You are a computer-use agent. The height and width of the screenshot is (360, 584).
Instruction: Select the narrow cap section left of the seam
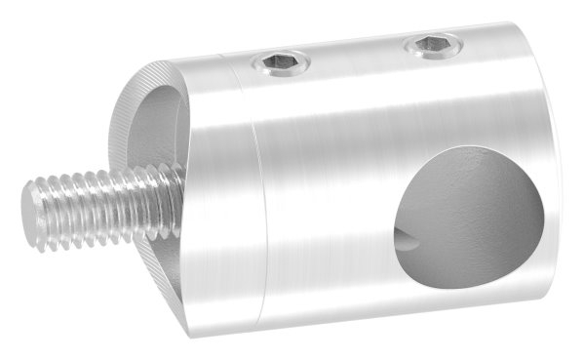click(x=229, y=195)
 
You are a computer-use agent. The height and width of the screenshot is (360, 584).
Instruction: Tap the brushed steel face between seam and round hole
click(x=322, y=215)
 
